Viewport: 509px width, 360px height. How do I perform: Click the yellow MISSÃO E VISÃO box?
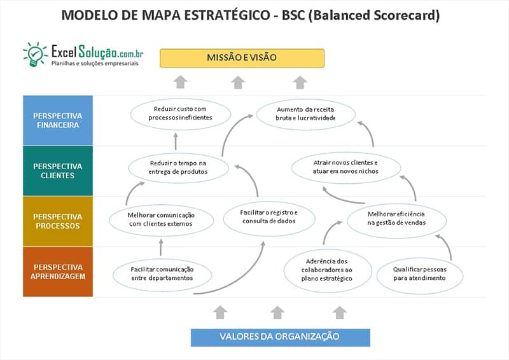point(242,58)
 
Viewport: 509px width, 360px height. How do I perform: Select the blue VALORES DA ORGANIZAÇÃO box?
point(279,336)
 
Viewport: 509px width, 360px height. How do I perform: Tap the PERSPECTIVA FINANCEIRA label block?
point(58,120)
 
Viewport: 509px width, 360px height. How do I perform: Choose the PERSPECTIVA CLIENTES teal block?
point(58,170)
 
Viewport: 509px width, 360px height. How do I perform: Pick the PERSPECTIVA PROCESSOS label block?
point(58,221)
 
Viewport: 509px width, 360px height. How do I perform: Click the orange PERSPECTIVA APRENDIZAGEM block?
point(58,271)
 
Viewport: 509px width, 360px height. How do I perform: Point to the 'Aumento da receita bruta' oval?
point(305,113)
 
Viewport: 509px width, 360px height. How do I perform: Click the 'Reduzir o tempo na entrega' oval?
point(178,167)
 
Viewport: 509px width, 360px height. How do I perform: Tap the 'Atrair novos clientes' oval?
point(345,167)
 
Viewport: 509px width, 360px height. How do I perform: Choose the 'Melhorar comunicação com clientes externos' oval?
point(161,219)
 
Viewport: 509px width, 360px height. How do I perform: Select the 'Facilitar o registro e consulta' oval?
point(268,216)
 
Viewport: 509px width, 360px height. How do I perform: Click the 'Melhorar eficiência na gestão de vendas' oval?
point(395,219)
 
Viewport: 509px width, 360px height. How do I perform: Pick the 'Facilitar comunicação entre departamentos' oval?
point(162,273)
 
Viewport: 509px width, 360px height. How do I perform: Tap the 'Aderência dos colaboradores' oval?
point(327,270)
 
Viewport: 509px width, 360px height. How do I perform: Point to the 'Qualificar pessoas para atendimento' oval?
point(419,273)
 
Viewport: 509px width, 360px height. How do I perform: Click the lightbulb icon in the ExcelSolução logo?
point(34,54)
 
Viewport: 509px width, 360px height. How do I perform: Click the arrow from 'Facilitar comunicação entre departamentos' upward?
point(161,247)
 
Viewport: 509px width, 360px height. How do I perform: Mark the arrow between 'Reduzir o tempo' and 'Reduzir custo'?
point(175,141)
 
